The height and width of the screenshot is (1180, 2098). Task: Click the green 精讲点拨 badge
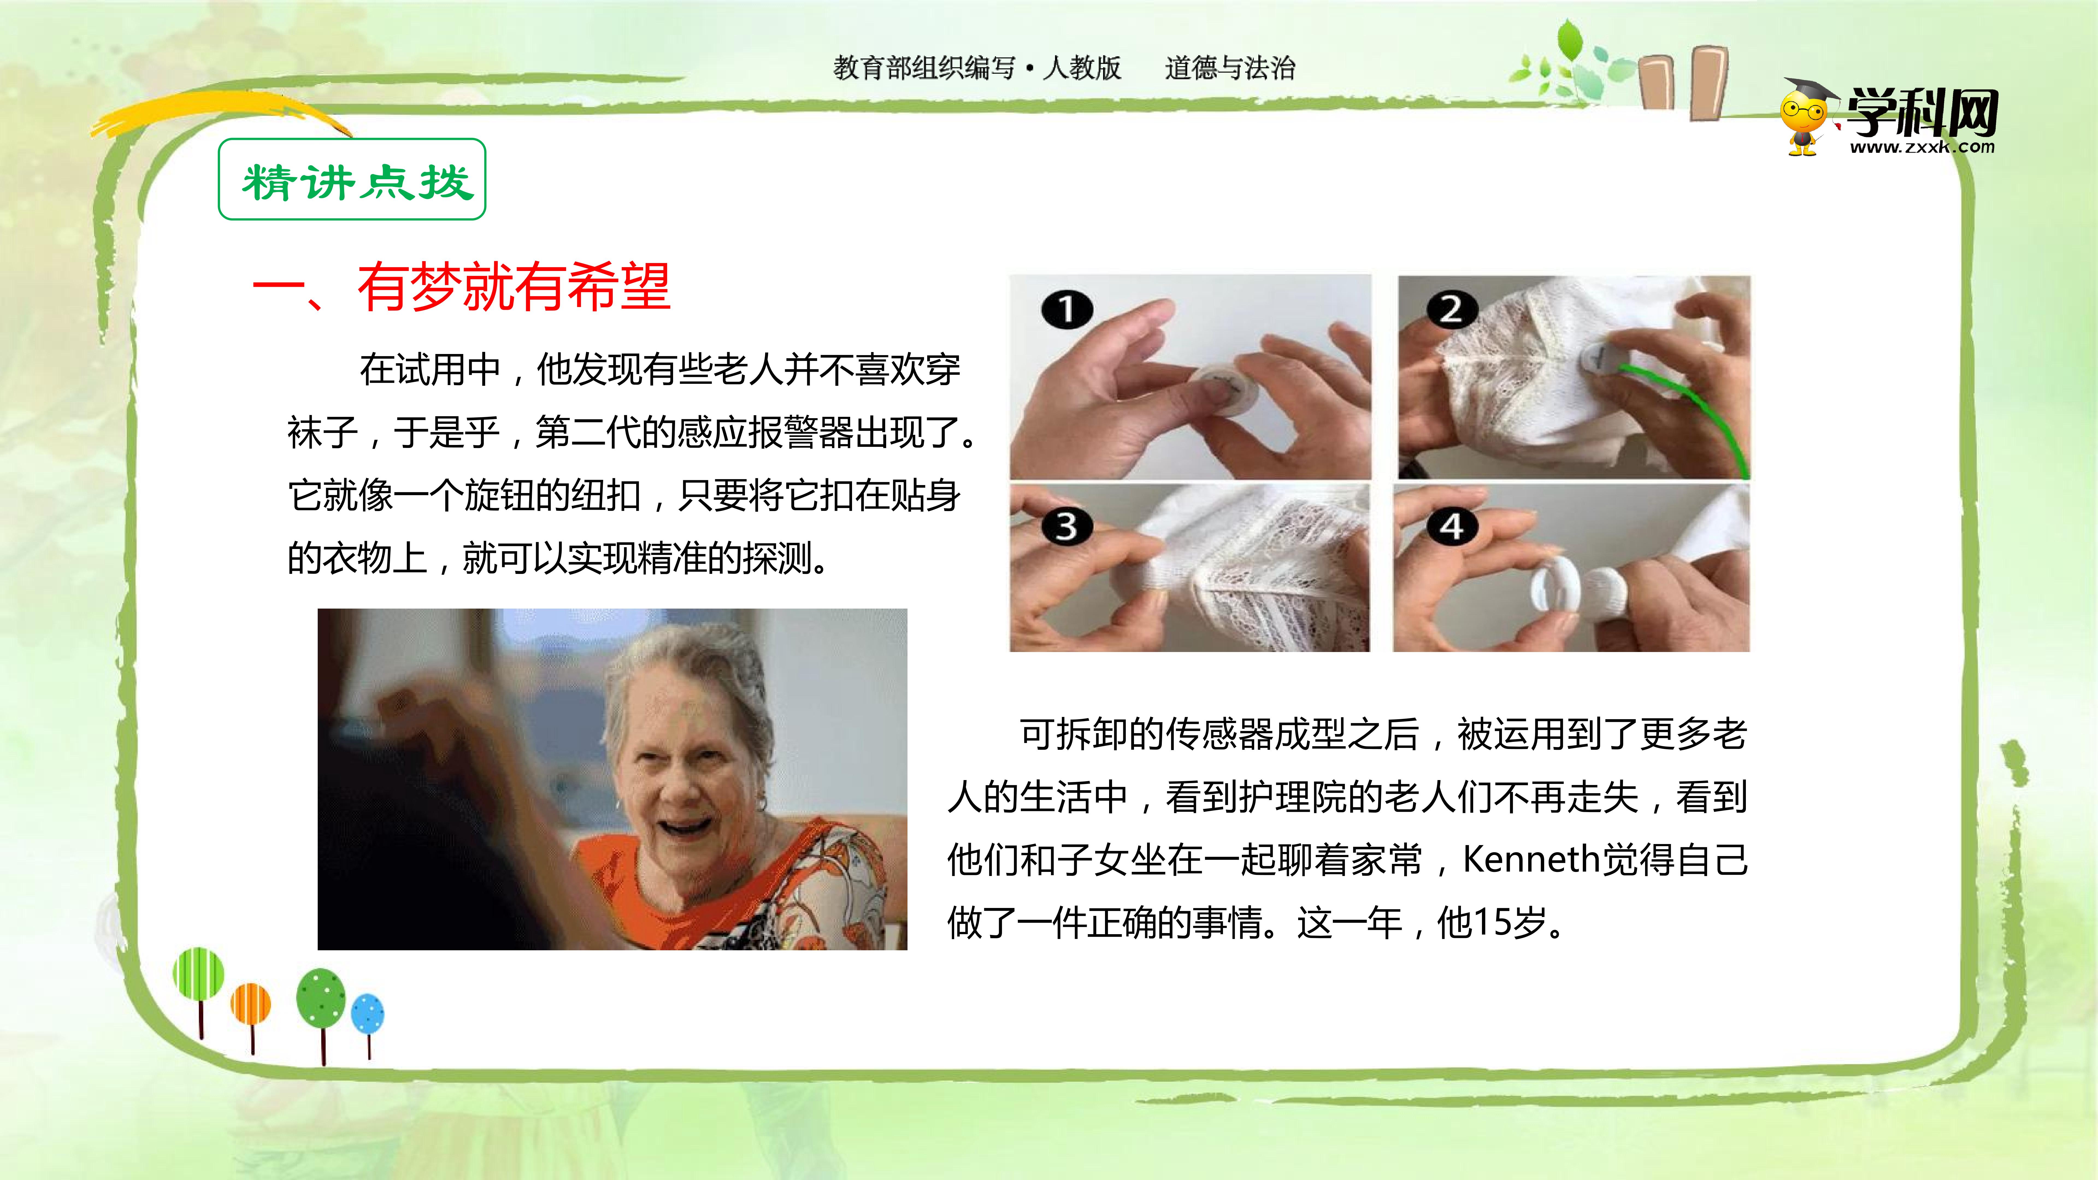pos(352,179)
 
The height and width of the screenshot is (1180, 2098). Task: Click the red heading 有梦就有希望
pos(514,287)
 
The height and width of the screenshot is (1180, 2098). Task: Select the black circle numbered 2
pos(1452,309)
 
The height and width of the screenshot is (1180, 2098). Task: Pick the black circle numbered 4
pos(1452,526)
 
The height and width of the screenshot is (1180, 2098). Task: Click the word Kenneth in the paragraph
pos(1531,859)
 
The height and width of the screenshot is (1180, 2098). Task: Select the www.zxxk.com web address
pos(1922,147)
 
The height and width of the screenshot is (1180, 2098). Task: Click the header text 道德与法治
pos(1230,67)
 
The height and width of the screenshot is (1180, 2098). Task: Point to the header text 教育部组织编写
pos(924,67)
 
